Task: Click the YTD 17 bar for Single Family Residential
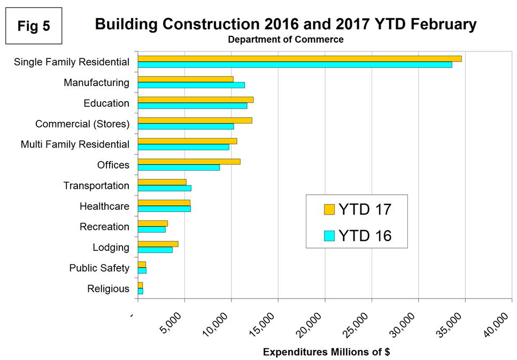pos(299,58)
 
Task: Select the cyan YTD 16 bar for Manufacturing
pos(191,85)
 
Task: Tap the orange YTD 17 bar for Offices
pos(189,162)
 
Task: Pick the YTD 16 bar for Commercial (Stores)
pos(186,126)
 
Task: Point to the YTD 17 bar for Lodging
pos(158,244)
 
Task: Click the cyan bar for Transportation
pos(164,188)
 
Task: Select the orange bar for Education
pos(195,99)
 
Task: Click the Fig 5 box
pos(33,26)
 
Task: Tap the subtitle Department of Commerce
pos(285,40)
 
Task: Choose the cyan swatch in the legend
pos(329,235)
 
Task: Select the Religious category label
pos(108,289)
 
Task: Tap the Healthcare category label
pos(104,206)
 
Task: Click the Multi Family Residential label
pos(75,144)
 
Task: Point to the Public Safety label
pos(99,268)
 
